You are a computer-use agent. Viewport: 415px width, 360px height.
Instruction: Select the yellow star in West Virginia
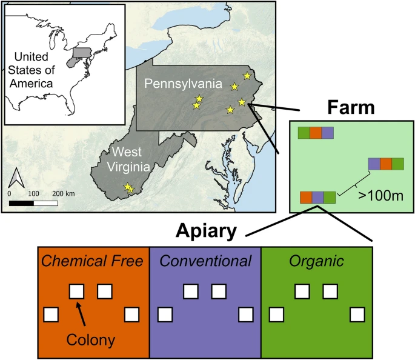pos(128,188)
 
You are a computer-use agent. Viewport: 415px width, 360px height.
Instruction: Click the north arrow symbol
pos(18,178)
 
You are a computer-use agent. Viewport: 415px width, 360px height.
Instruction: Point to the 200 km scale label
pos(64,193)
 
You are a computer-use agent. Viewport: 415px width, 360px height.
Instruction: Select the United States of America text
pos(34,70)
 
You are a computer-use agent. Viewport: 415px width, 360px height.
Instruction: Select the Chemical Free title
pos(93,261)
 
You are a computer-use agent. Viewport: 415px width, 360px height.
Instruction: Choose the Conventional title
pos(205,261)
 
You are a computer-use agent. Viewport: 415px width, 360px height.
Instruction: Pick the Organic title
pos(316,261)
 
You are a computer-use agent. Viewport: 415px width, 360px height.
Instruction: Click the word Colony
pos(91,340)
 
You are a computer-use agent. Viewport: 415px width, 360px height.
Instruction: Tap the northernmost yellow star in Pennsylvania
pos(247,76)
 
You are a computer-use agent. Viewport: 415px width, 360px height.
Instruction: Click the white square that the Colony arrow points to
pos(76,292)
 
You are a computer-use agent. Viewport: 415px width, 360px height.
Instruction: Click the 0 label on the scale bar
pos(9,193)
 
